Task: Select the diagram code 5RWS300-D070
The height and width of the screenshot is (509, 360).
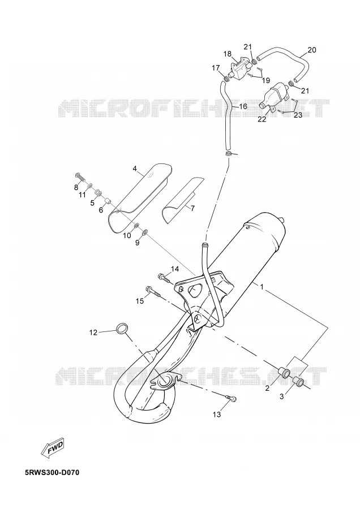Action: pyautogui.click(x=52, y=472)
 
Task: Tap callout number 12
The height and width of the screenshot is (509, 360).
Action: pyautogui.click(x=93, y=333)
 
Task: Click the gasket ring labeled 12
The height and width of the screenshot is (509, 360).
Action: pyautogui.click(x=122, y=328)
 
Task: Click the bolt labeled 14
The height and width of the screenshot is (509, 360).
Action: pyautogui.click(x=164, y=278)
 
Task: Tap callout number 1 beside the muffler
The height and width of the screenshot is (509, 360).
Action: pyautogui.click(x=262, y=287)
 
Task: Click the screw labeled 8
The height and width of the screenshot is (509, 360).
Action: pyautogui.click(x=80, y=177)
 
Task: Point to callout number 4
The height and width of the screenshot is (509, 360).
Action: pyautogui.click(x=135, y=169)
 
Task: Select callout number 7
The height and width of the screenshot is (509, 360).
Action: pyautogui.click(x=192, y=209)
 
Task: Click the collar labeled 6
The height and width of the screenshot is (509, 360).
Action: pyautogui.click(x=107, y=203)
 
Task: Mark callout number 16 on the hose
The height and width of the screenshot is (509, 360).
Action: pyautogui.click(x=243, y=106)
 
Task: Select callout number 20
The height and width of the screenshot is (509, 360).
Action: pyautogui.click(x=311, y=50)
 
